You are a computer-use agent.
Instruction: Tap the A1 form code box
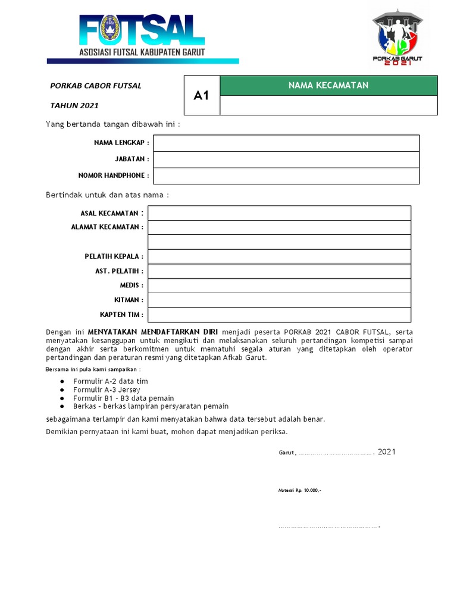click(202, 95)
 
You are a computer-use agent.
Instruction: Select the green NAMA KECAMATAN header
click(328, 86)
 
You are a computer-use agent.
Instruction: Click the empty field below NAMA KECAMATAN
click(328, 105)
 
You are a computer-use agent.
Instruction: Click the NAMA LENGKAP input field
click(286, 143)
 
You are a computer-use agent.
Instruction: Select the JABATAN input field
click(286, 159)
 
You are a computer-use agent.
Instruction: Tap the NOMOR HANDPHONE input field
click(286, 176)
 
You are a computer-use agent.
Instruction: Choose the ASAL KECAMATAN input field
click(279, 213)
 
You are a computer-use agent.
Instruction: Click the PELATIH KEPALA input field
click(279, 256)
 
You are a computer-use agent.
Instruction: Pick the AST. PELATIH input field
click(279, 271)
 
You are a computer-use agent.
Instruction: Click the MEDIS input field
click(279, 285)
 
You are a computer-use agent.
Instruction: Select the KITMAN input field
click(279, 300)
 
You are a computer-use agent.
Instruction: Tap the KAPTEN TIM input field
click(279, 315)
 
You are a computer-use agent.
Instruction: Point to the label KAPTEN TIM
click(121, 315)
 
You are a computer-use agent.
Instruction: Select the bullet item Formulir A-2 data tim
click(111, 381)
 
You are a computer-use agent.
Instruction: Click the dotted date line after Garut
click(336, 453)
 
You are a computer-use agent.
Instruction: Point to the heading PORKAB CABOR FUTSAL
click(96, 86)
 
